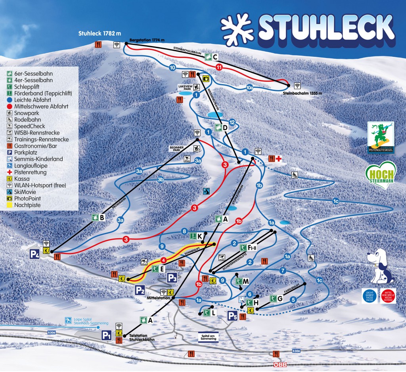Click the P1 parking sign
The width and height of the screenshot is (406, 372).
coord(106,335)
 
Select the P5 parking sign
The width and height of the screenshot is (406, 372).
coord(232,316)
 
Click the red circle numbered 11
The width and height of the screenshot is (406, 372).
coord(219,67)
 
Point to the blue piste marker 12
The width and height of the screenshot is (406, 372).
coord(232,122)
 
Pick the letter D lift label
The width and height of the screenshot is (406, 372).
coord(225,128)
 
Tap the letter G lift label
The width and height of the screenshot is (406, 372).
coord(280,298)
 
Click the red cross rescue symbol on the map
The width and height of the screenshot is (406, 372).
coord(279,158)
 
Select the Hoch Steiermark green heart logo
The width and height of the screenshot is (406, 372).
coord(380,175)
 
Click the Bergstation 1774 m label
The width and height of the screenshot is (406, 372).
coord(147,40)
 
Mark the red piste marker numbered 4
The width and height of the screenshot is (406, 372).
coord(163,260)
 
